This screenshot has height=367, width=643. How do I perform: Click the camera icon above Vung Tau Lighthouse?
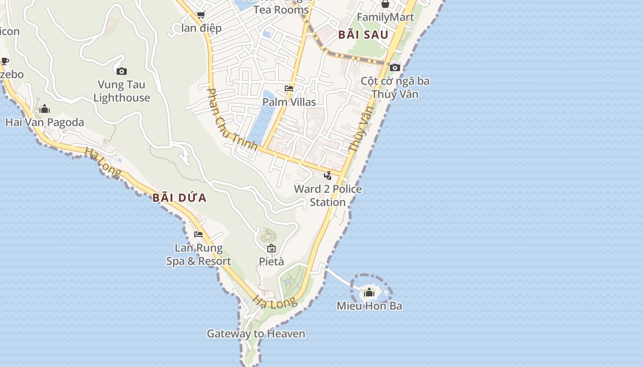click(122, 71)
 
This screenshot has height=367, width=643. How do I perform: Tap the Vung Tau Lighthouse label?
click(122, 91)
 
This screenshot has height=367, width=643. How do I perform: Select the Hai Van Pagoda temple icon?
click(45, 109)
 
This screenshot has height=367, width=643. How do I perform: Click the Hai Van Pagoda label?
click(45, 122)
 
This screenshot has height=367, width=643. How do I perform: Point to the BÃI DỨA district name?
click(180, 198)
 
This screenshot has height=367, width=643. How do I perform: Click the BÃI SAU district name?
click(363, 34)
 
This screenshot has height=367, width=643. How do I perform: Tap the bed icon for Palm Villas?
click(289, 89)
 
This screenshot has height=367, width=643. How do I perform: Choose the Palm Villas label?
click(289, 101)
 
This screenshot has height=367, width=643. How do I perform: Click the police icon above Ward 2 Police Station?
click(328, 175)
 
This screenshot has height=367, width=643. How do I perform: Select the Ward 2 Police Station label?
click(328, 195)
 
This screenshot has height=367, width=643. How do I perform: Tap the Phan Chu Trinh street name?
click(232, 119)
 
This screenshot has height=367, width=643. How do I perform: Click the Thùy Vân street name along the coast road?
click(360, 129)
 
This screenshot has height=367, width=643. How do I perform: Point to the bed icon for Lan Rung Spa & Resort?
click(198, 234)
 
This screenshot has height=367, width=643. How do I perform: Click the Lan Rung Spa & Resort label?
click(198, 255)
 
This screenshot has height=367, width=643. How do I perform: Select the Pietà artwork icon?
click(271, 249)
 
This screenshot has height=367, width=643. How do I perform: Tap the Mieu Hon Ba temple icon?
click(369, 292)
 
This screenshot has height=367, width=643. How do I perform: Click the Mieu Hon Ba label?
click(369, 306)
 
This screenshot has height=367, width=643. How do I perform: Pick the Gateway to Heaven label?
click(256, 334)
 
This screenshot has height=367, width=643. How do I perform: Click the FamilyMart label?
click(385, 17)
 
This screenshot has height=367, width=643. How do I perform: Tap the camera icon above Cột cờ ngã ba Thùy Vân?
click(395, 68)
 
